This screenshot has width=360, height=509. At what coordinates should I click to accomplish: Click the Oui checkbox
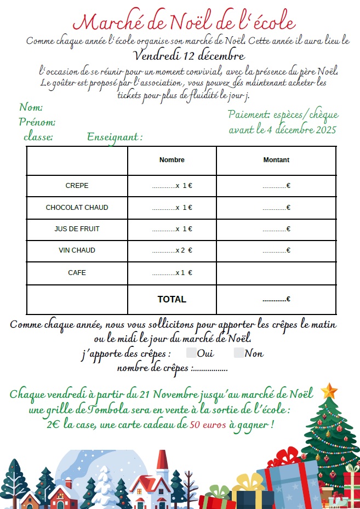pos(192,353)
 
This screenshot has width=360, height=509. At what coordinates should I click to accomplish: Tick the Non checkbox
pos(239,353)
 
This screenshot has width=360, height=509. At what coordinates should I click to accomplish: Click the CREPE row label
pos(77,186)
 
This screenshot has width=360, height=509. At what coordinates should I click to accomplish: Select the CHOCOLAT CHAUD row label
pos(77,208)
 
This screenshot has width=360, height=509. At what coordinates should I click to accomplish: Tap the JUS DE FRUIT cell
pos(77,229)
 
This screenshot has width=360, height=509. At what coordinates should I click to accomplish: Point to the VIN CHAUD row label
pos(77,250)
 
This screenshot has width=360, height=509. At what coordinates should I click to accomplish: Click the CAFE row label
pos(77,272)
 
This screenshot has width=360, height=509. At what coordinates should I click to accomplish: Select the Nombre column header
pos(172,160)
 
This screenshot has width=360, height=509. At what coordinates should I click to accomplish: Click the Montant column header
pos(276,160)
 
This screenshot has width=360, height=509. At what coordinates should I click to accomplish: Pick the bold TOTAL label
pos(172,299)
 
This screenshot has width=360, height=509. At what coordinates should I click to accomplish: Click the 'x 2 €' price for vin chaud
pos(184,250)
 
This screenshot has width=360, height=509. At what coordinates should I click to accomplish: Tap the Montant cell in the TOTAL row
pos(276,299)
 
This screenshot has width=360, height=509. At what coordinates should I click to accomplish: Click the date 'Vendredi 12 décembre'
pos(189,56)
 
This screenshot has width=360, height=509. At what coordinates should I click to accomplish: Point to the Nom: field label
pos(31,107)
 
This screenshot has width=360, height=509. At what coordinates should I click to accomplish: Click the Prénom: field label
pos(37,122)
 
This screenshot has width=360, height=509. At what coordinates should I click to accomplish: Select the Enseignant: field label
pos(115,137)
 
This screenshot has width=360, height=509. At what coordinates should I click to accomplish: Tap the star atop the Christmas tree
pos(329,391)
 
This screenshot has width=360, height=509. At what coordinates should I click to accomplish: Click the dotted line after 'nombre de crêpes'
pos(211,369)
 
